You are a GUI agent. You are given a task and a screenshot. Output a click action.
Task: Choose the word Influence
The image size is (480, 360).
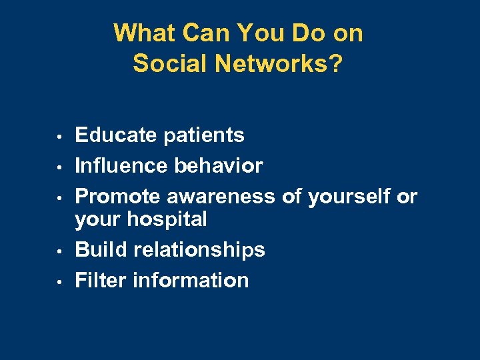point(121,165)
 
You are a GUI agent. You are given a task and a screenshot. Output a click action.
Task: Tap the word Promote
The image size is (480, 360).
point(117,197)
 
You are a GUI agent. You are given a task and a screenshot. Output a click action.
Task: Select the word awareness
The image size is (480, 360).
point(221,197)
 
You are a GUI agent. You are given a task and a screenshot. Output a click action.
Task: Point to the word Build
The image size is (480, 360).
point(101,249)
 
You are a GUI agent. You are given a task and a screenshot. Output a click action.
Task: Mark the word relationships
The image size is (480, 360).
point(199,249)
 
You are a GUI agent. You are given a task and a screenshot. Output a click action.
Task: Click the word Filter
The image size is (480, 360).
point(101,280)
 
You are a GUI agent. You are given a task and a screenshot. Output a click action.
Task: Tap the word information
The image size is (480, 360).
point(191,280)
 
